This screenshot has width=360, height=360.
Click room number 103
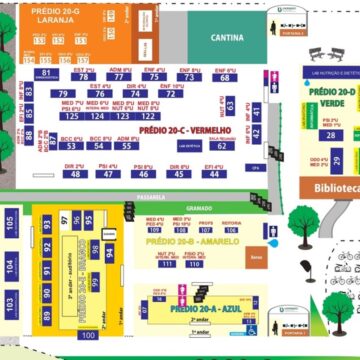point(10,301)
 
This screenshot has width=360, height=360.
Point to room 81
point(47,73)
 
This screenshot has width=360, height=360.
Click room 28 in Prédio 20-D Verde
point(329,134)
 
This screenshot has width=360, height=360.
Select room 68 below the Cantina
point(226,77)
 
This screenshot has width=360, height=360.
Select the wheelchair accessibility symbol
point(250,328)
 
